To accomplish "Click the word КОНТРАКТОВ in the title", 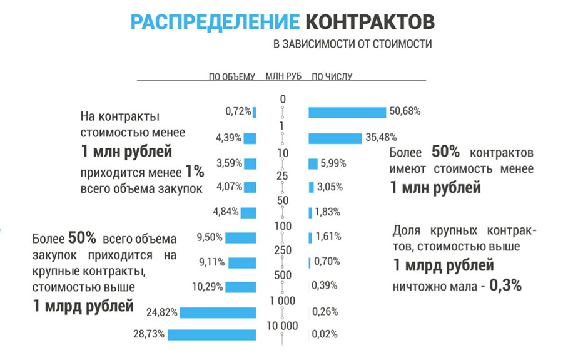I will pyautogui.click(x=370, y=21).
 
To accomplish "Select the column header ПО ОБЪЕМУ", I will pyautogui.click(x=232, y=76).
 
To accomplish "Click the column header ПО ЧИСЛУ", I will pyautogui.click(x=332, y=76).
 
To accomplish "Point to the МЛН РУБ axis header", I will pyautogui.click(x=283, y=76).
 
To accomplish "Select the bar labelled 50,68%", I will pyautogui.click(x=347, y=112).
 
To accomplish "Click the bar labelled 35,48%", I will pyautogui.click(x=335, y=138).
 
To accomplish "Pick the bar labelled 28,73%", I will pyautogui.click(x=212, y=334).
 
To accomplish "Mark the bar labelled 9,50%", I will pyautogui.click(x=241, y=237).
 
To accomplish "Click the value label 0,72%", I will pyautogui.click(x=238, y=112).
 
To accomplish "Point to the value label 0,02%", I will pyautogui.click(x=324, y=334).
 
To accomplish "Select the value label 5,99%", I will pyautogui.click(x=334, y=163).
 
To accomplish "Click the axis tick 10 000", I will pyautogui.click(x=282, y=326).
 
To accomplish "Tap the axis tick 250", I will pyautogui.click(x=282, y=250).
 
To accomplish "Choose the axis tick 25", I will pyautogui.click(x=282, y=176).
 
